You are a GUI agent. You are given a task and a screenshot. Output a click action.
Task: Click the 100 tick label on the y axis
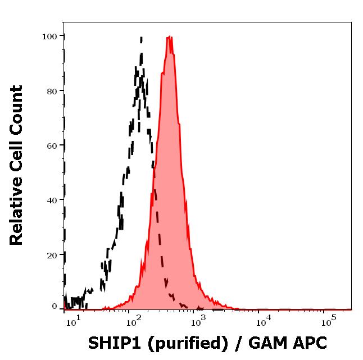click(49, 37)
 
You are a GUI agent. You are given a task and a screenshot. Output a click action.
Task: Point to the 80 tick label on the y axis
click(52, 91)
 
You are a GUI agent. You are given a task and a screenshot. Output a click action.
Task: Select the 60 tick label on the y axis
click(52, 145)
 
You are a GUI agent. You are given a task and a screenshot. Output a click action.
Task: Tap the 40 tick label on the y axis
click(52, 200)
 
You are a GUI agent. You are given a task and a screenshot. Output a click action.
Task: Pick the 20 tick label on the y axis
click(52, 254)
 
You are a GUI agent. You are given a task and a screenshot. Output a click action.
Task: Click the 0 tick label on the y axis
click(55, 307)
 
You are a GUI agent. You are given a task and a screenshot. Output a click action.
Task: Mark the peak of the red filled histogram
click(169, 38)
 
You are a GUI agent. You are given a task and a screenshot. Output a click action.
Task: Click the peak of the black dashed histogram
click(140, 38)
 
